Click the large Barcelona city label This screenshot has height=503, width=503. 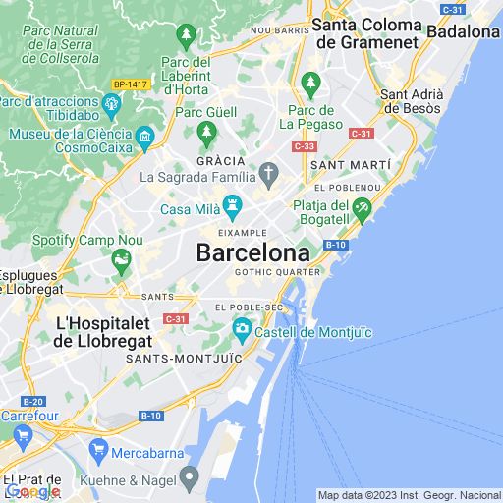point(252,252)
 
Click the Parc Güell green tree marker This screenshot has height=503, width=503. point(206,131)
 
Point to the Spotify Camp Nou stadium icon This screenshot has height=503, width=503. point(121,260)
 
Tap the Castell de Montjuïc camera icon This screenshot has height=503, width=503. point(242,330)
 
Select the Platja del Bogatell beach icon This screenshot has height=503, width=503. point(363,207)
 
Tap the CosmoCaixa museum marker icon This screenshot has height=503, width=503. point(145,135)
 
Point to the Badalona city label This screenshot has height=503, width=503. point(463,31)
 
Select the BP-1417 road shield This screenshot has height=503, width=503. point(131,84)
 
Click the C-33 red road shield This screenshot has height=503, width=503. point(304,145)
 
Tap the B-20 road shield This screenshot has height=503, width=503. point(32,401)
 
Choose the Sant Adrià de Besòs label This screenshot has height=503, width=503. point(412,101)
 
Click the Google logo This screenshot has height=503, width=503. point(32,491)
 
